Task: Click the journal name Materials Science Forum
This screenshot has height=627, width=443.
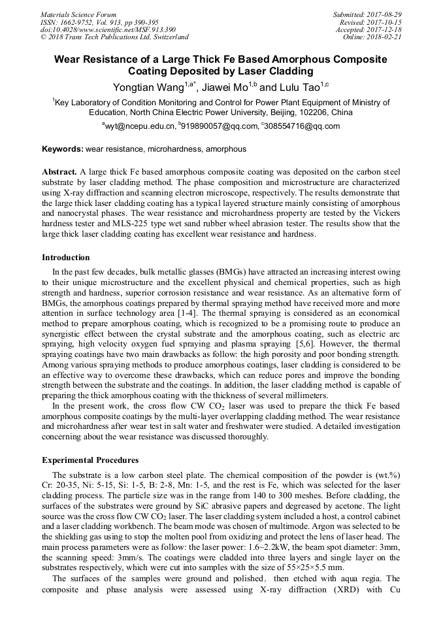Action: coord(78,14)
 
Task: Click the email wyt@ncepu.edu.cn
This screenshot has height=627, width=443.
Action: coord(139,126)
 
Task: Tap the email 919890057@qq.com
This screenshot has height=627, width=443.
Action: coord(216,126)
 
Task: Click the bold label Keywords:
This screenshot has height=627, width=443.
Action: coord(63,149)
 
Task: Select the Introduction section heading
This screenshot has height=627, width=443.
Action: coord(65,258)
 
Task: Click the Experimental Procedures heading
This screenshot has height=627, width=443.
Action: coord(90,460)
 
